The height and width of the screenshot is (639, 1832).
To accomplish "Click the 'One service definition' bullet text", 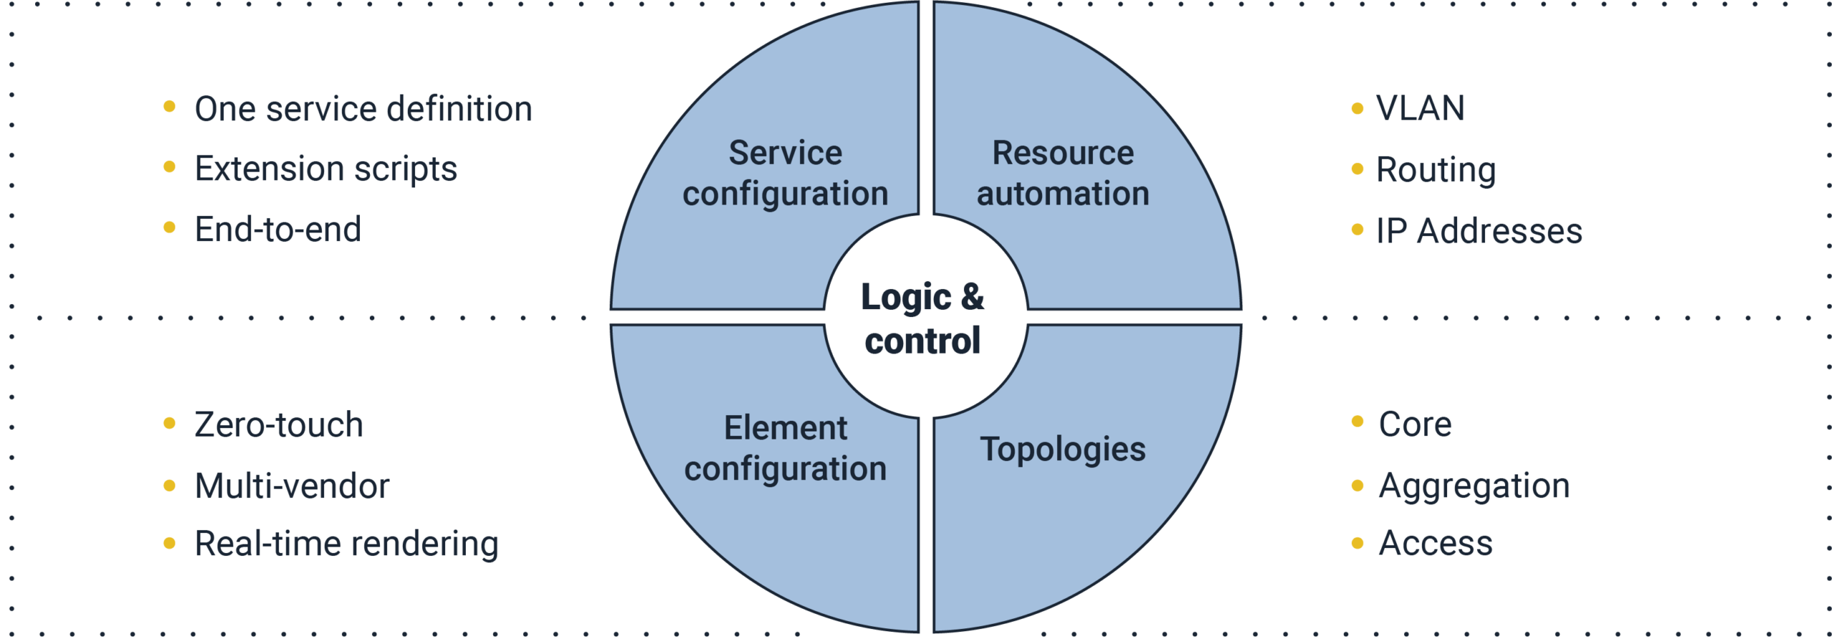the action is pyautogui.click(x=363, y=109).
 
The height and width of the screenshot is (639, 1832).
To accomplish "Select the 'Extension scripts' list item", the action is pyautogui.click(x=326, y=170).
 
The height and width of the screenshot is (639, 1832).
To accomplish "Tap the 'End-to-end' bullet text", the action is pyautogui.click(x=278, y=230).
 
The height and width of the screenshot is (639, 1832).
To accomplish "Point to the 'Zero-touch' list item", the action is pyautogui.click(x=278, y=424).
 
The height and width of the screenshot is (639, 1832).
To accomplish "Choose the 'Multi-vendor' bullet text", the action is pyautogui.click(x=292, y=486).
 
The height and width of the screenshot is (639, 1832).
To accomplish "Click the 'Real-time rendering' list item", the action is pyautogui.click(x=346, y=544).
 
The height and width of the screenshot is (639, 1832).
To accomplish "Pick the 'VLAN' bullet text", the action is pyautogui.click(x=1421, y=108).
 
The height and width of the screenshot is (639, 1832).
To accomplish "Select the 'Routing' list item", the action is pyautogui.click(x=1436, y=170).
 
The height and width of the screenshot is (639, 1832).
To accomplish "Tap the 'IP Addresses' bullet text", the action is pyautogui.click(x=1479, y=231).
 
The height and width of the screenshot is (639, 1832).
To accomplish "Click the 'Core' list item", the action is pyautogui.click(x=1415, y=424).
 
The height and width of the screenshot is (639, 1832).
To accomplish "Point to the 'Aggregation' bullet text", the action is pyautogui.click(x=1474, y=487).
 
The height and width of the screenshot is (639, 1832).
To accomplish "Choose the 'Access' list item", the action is pyautogui.click(x=1436, y=543).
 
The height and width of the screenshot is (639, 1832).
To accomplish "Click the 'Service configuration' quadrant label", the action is pyautogui.click(x=785, y=173).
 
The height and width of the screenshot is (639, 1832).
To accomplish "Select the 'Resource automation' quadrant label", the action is pyautogui.click(x=1063, y=173).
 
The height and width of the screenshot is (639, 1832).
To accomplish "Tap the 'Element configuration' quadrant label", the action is pyautogui.click(x=785, y=449).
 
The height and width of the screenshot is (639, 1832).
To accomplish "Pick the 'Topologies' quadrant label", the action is pyautogui.click(x=1063, y=449).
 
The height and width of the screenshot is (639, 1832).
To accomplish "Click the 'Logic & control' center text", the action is pyautogui.click(x=922, y=318).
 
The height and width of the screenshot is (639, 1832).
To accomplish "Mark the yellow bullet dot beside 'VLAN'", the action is pyautogui.click(x=1357, y=109).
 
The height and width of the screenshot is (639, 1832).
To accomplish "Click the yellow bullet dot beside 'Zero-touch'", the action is pyautogui.click(x=170, y=423).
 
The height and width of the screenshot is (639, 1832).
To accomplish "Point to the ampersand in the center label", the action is pyautogui.click(x=973, y=296).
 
